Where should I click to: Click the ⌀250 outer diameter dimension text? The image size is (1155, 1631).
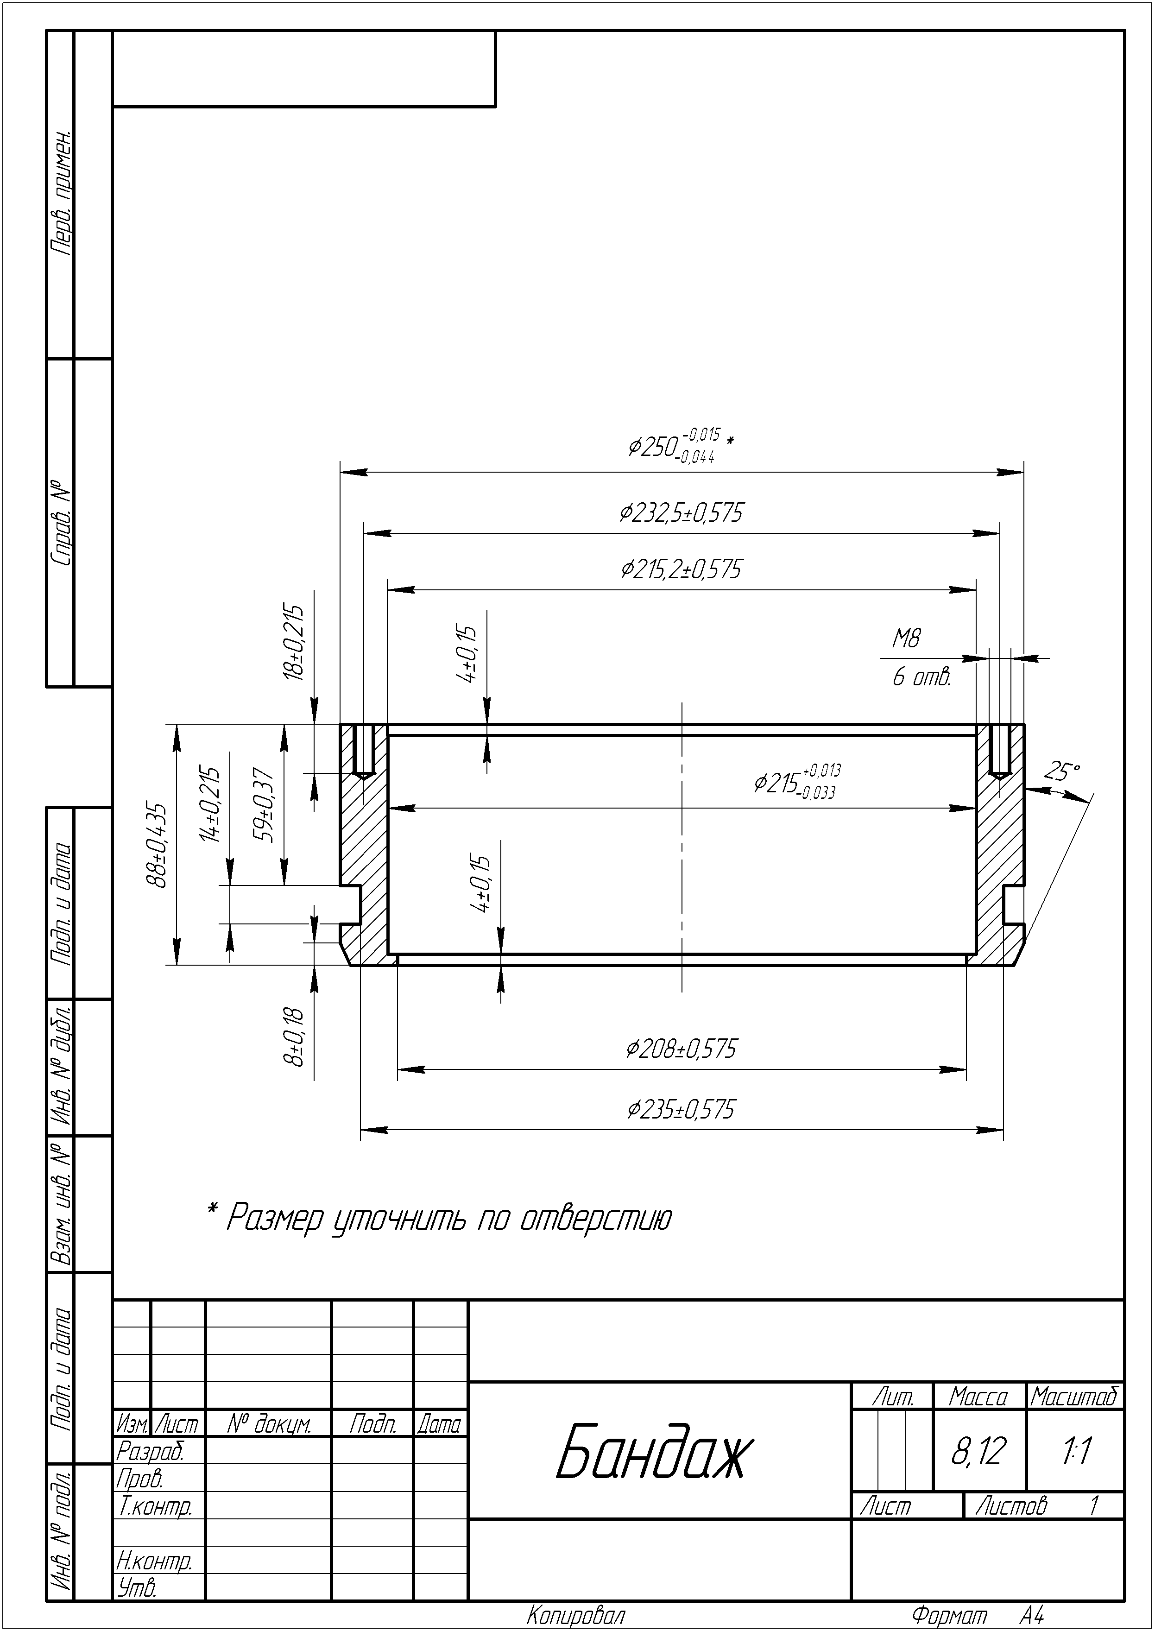681,446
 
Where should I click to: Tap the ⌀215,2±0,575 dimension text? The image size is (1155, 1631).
681,569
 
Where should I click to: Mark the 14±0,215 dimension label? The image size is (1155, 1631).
209,804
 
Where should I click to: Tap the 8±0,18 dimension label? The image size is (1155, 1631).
293,1037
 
